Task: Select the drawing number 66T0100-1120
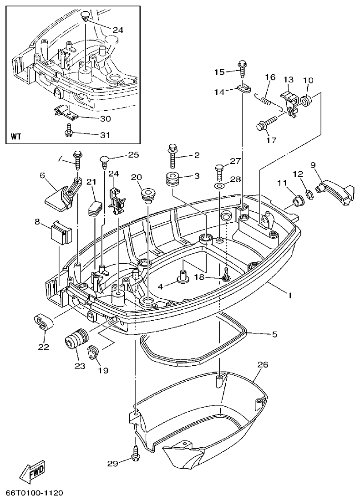(34, 493)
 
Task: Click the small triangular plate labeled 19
(93, 352)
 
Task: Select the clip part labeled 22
(43, 322)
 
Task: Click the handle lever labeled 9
(335, 189)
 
